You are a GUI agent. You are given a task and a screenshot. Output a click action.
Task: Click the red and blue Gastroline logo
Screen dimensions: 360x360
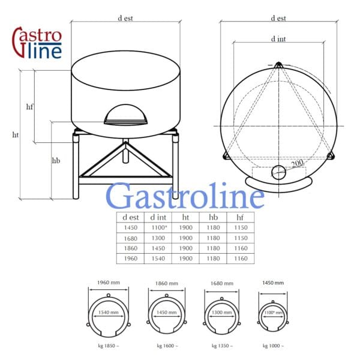pos(37,43)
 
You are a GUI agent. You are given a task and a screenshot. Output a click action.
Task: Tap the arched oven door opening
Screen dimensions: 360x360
pos(125,115)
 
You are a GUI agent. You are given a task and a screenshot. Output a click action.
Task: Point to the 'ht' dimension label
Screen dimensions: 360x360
pos(16,135)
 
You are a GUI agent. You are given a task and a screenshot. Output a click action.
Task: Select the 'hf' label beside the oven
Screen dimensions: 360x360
pos(29,107)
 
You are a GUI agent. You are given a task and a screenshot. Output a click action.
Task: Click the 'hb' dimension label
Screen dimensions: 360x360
pos(56,160)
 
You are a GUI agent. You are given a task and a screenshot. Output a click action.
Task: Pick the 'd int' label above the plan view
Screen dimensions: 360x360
pos(278,39)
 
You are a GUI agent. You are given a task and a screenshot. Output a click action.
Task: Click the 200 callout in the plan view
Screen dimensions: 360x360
pos(298,163)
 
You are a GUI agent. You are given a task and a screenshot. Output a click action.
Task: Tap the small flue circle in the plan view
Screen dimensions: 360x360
pos(279,172)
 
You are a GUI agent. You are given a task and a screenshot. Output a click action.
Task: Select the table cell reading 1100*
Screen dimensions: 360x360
pos(159,227)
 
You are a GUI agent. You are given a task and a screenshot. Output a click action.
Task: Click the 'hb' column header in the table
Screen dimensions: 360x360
pos(213,217)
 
